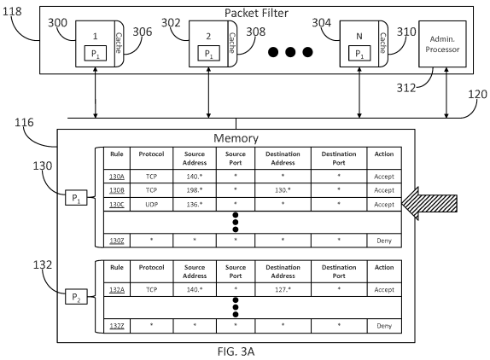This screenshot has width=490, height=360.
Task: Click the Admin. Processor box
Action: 442,44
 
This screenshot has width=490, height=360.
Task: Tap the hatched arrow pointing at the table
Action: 429,204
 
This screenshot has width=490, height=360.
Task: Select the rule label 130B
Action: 117,190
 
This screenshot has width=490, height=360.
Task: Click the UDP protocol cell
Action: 151,205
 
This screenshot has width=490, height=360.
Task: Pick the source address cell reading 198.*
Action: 195,190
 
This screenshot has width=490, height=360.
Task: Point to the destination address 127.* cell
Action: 283,289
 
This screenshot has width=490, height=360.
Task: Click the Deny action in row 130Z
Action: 384,241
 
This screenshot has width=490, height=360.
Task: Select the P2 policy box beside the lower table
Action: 76,297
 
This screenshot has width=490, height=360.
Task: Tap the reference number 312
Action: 406,88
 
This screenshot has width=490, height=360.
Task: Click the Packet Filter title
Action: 256,13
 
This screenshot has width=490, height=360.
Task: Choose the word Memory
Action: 236,138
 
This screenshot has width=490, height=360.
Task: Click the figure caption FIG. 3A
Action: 236,351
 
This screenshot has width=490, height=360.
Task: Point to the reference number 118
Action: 12,11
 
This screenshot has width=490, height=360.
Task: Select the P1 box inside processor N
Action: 359,54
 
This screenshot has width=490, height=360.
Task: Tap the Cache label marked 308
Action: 232,43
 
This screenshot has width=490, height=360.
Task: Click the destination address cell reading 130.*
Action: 283,190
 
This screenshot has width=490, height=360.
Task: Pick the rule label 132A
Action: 117,290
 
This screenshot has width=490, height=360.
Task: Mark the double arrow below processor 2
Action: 208,93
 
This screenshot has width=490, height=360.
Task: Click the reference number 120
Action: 477,95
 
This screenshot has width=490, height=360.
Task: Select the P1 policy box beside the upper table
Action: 76,198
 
